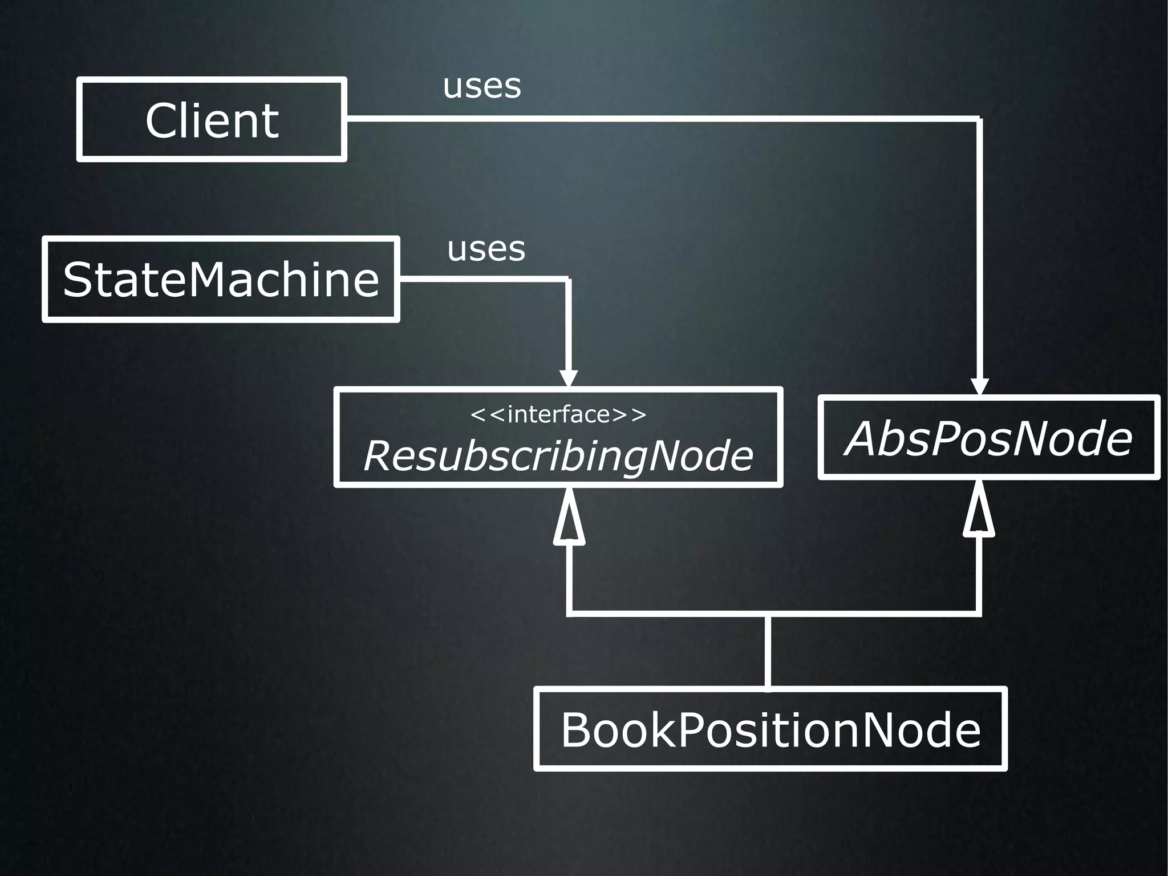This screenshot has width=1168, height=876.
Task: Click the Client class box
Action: pyautogui.click(x=212, y=119)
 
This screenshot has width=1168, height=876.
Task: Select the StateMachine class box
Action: pyautogui.click(x=221, y=279)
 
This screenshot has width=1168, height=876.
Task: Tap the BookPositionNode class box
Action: pyautogui.click(x=770, y=729)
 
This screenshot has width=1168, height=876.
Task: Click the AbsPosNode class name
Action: pyautogui.click(x=988, y=438)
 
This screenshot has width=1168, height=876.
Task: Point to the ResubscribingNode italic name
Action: pyautogui.click(x=558, y=455)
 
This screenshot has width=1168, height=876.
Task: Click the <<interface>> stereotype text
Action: pyautogui.click(x=558, y=414)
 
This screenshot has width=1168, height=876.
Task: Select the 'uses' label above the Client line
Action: pyautogui.click(x=482, y=86)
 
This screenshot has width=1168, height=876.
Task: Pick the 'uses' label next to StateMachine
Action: pyautogui.click(x=486, y=249)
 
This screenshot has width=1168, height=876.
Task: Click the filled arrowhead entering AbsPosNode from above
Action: pyautogui.click(x=979, y=386)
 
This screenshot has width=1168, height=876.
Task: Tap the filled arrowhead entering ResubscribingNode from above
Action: pyautogui.click(x=569, y=378)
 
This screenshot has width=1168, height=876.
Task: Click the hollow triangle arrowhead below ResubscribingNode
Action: pyautogui.click(x=569, y=519)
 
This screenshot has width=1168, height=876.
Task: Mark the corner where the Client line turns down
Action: pyautogui.click(x=979, y=119)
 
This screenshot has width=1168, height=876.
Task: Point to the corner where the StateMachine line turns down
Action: pyautogui.click(x=569, y=279)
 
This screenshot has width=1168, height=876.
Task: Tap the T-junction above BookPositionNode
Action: pyautogui.click(x=768, y=614)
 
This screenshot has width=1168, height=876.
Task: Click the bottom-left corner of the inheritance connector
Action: pyautogui.click(x=569, y=614)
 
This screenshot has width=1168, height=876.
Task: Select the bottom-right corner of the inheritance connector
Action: pyautogui.click(x=979, y=614)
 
